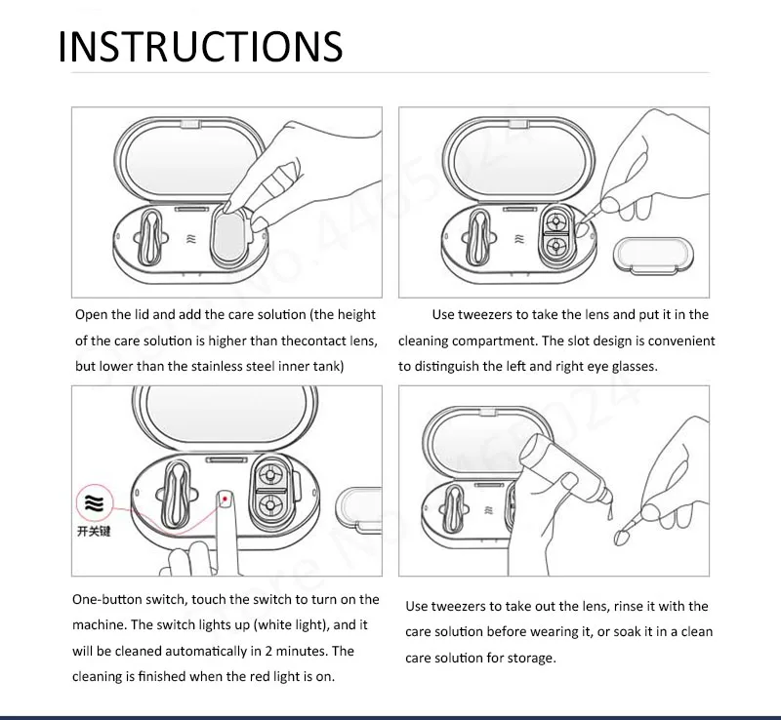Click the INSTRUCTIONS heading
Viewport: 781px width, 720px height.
pyautogui.click(x=200, y=46)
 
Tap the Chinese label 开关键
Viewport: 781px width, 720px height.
pyautogui.click(x=94, y=532)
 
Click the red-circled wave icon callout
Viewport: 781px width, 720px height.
pyautogui.click(x=94, y=503)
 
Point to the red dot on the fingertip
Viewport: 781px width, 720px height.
pyautogui.click(x=226, y=499)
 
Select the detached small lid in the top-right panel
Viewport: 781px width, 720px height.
pyautogui.click(x=653, y=256)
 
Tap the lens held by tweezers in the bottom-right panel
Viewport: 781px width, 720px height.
pyautogui.click(x=621, y=538)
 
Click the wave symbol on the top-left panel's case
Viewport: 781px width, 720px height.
pyautogui.click(x=191, y=239)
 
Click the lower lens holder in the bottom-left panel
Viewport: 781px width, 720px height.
pyautogui.click(x=270, y=505)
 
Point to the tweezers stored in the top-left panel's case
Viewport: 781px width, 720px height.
pyautogui.click(x=148, y=236)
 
